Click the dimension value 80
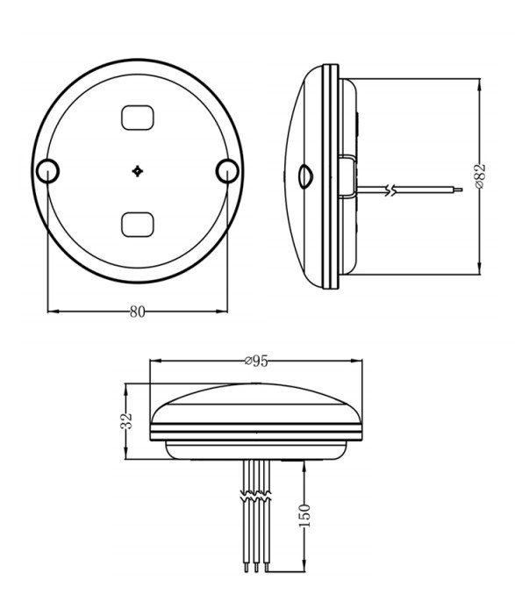pos(138,312)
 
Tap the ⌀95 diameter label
pos(255,361)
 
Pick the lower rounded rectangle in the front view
pos(138,225)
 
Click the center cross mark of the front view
pos(138,170)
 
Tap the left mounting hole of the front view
pos(47,170)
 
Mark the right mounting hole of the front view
pos(226,170)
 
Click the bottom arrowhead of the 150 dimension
pos(304,568)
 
